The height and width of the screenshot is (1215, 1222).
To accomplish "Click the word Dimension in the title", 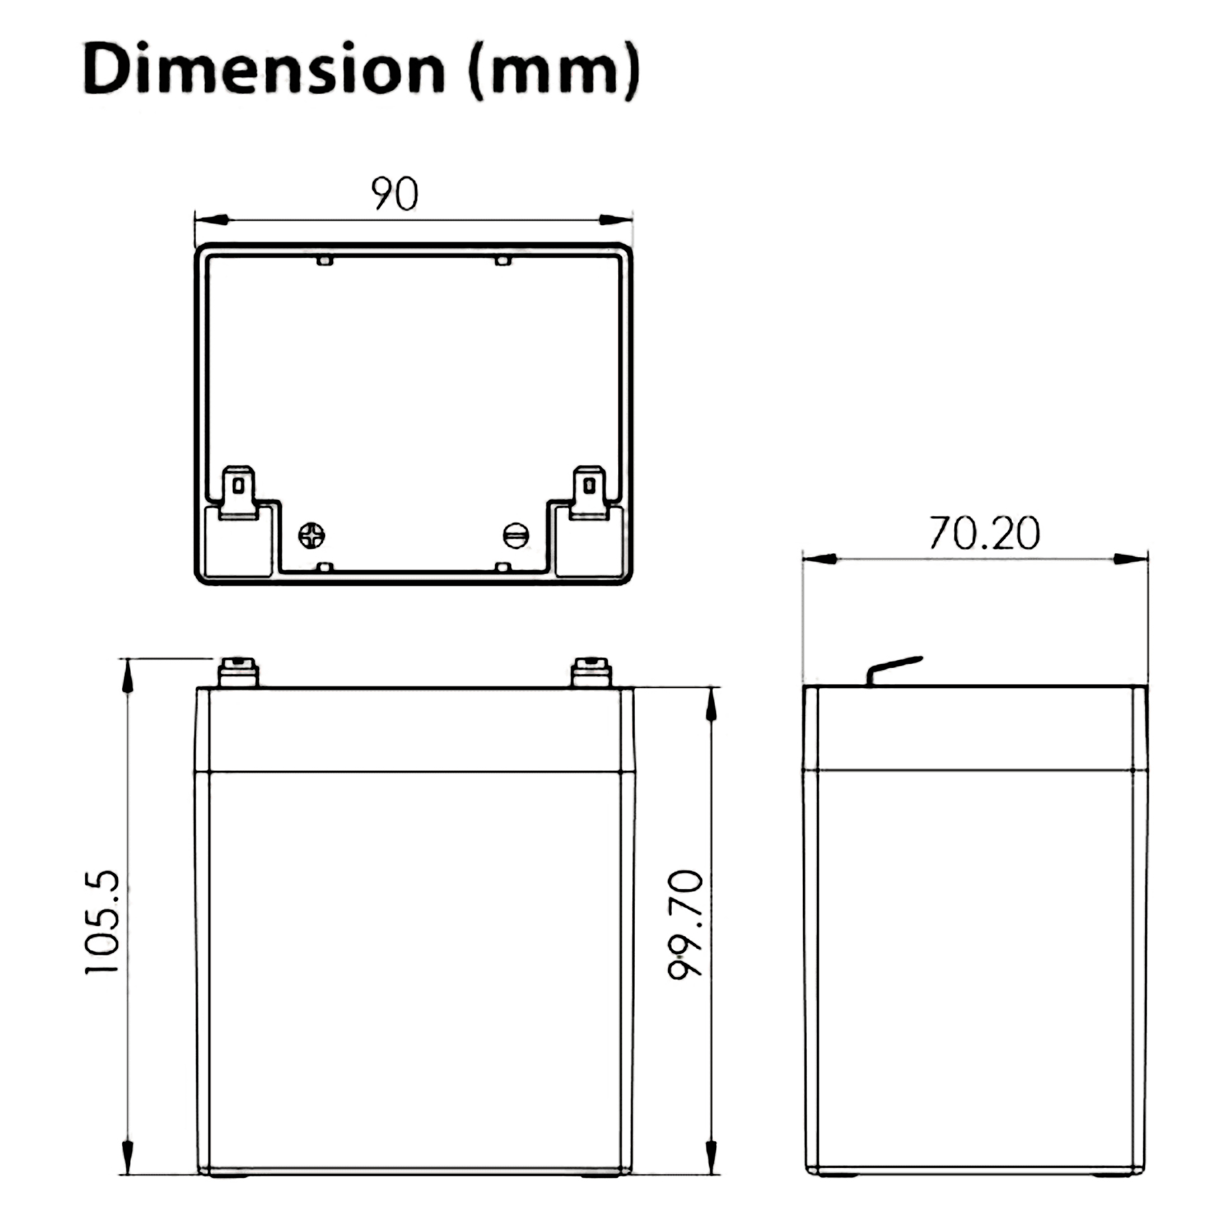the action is (265, 68).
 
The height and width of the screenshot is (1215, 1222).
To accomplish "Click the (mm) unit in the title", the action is (554, 70).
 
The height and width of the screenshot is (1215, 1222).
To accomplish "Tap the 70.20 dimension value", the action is (984, 532).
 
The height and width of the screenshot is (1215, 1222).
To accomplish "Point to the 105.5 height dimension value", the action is (102, 922).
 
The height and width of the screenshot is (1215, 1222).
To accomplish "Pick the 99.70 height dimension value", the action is (685, 924).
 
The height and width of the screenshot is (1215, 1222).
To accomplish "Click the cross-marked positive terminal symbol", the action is (311, 535).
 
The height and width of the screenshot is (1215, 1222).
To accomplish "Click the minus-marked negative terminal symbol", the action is (516, 535).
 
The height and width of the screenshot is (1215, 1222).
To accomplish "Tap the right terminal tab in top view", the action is (588, 493).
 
